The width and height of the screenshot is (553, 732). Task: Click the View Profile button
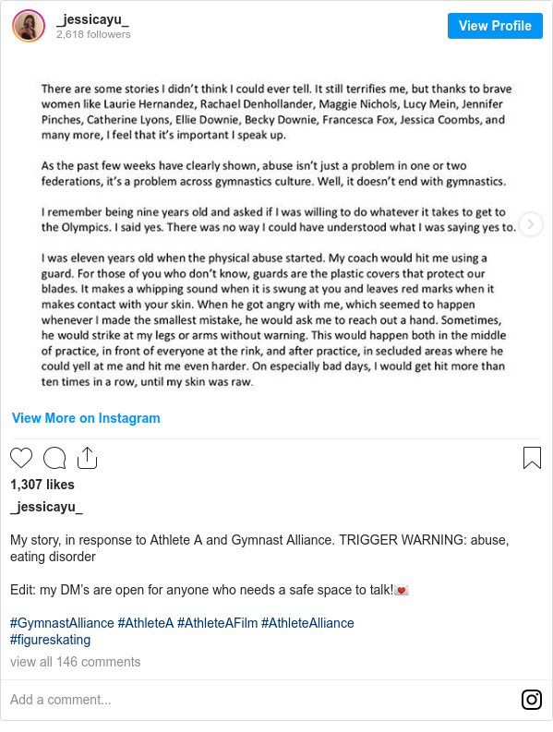tap(495, 26)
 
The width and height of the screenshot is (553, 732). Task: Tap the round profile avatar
tap(29, 26)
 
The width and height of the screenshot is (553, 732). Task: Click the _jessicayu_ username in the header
tap(92, 19)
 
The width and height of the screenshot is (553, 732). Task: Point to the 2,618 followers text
tap(93, 34)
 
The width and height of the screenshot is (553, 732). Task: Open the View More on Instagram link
tap(86, 418)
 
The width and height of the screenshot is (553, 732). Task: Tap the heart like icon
tap(21, 458)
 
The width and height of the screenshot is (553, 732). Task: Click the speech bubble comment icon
tap(54, 458)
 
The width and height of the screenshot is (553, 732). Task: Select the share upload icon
tap(88, 458)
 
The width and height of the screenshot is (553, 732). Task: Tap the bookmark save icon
tap(532, 458)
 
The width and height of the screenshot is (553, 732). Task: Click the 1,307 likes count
tap(42, 485)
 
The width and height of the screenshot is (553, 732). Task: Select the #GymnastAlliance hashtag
tap(62, 623)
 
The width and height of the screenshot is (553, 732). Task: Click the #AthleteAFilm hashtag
tap(217, 623)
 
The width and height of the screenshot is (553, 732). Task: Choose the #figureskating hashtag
tap(50, 640)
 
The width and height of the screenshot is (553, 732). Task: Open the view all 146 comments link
tap(75, 662)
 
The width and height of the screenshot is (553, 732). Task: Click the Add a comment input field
tap(258, 700)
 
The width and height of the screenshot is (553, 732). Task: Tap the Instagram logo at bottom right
tap(532, 700)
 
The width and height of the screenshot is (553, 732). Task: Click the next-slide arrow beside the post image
tap(531, 224)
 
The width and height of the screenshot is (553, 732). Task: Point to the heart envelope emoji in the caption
tap(402, 590)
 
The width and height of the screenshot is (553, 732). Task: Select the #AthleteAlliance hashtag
tap(307, 623)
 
